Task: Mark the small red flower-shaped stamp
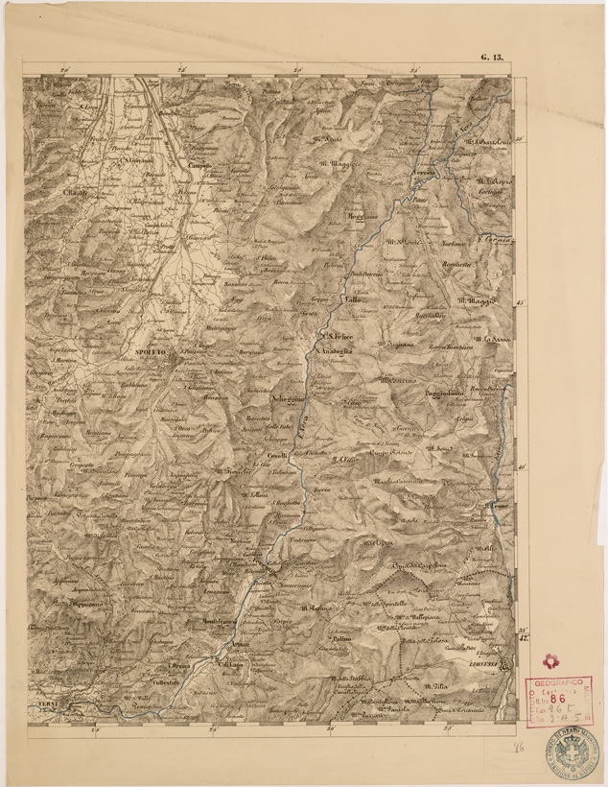click(550, 661)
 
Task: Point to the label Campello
click(199, 165)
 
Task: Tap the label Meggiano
click(357, 216)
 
